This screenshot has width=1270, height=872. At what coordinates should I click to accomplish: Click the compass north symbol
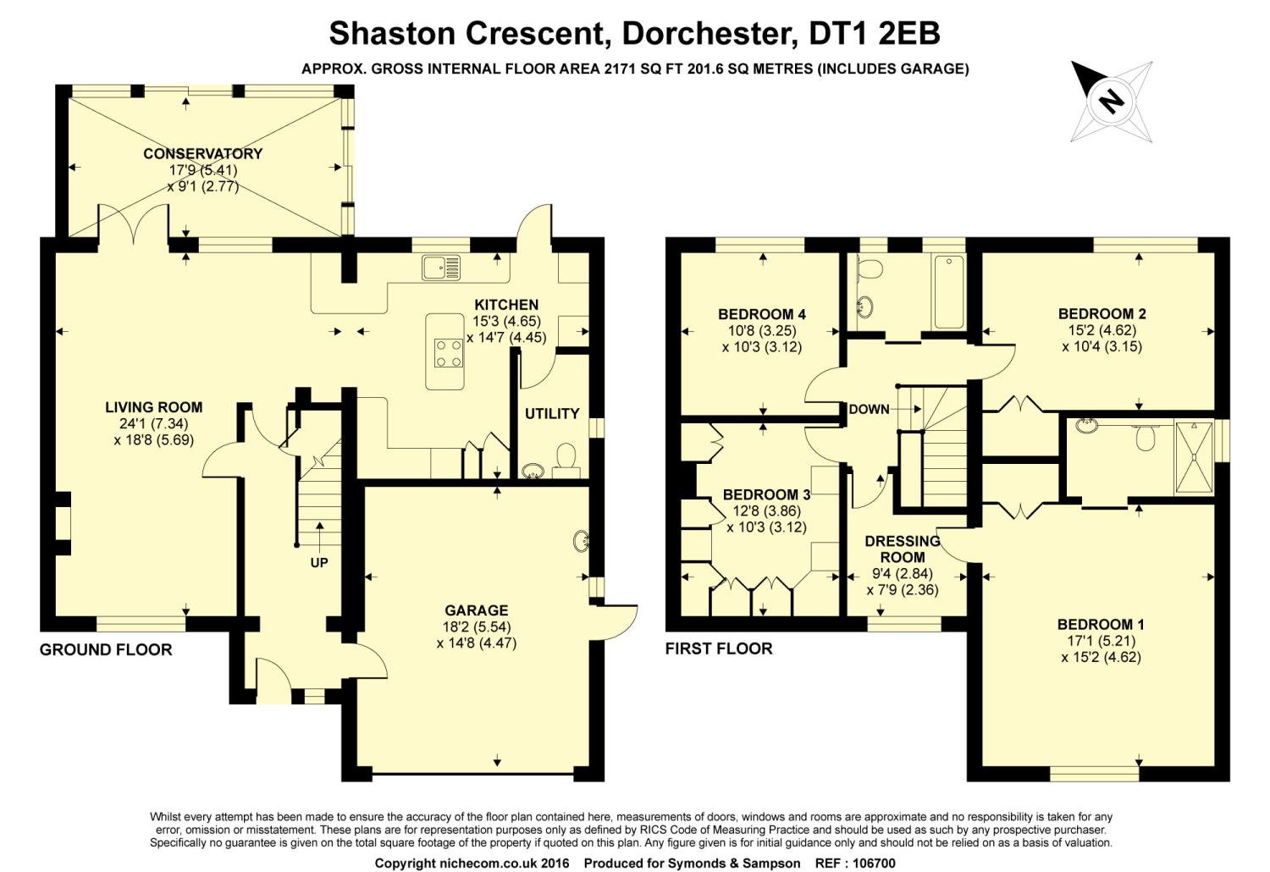click(x=1111, y=102)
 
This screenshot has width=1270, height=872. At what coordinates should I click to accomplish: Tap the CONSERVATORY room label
click(x=203, y=153)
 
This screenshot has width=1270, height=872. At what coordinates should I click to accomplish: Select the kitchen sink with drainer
click(x=441, y=268)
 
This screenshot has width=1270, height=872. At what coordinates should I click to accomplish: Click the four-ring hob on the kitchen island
click(x=449, y=353)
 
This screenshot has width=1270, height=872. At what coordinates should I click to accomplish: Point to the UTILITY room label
click(x=552, y=414)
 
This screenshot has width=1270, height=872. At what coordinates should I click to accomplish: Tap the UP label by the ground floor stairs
click(x=319, y=562)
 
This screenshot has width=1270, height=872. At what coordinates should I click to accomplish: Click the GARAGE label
click(x=476, y=610)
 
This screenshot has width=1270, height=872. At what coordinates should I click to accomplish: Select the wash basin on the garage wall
click(x=581, y=541)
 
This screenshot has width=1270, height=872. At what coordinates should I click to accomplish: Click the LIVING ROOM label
click(x=153, y=407)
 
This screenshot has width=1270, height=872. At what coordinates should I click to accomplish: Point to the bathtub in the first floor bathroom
click(x=948, y=292)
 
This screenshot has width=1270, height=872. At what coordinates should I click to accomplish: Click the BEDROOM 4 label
click(x=762, y=314)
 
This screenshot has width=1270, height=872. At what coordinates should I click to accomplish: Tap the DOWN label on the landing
click(x=869, y=410)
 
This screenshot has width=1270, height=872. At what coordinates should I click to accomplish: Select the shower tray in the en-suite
click(x=1194, y=457)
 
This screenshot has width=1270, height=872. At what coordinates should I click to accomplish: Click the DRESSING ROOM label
click(x=903, y=549)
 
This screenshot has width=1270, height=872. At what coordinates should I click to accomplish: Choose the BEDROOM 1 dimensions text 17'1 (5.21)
click(x=1101, y=641)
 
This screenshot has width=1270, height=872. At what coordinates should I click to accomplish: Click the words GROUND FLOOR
click(x=106, y=649)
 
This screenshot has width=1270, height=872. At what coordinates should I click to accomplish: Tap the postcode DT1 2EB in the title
click(x=875, y=34)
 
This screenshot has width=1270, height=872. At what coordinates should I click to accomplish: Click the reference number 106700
click(x=875, y=864)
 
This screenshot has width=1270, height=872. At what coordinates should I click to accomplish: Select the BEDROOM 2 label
click(x=1102, y=313)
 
